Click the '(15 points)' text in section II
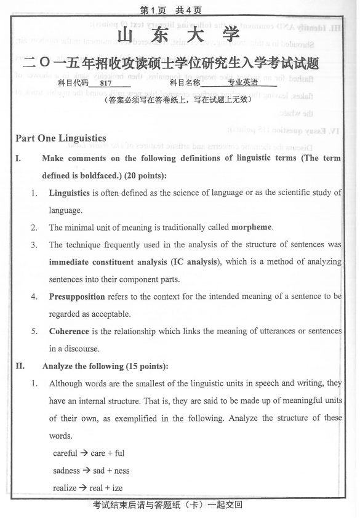pyautogui.click(x=126, y=366)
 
